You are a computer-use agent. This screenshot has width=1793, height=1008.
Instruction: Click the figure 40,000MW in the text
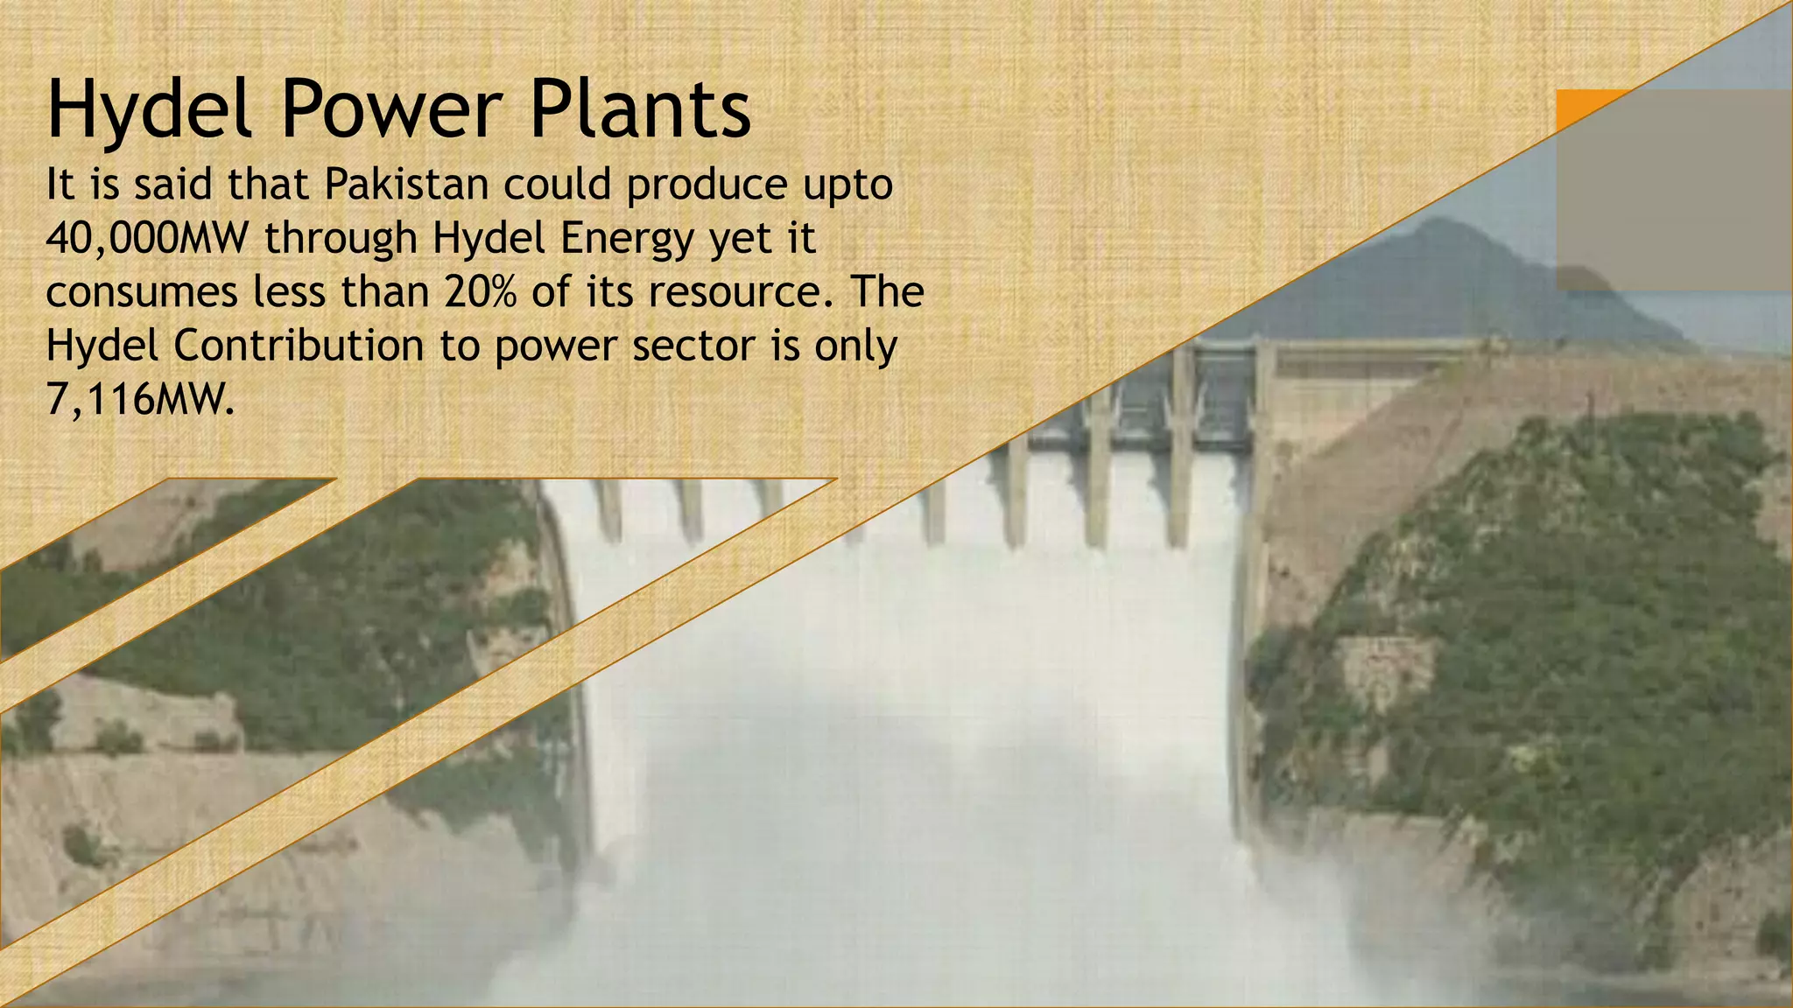(x=147, y=238)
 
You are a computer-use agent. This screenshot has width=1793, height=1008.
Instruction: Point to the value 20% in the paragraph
(x=481, y=291)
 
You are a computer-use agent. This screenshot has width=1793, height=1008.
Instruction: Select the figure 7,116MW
(x=140, y=400)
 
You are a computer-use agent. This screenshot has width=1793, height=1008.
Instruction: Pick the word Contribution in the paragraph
(x=299, y=345)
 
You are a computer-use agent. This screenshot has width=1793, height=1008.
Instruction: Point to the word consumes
(x=141, y=292)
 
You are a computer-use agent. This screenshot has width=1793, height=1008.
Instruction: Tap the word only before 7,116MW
(x=855, y=346)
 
